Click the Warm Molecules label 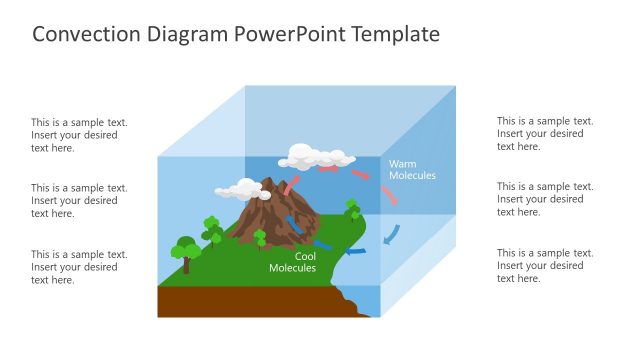point(412,169)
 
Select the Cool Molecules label point(292,262)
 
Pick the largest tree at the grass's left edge point(185,250)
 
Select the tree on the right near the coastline point(352,209)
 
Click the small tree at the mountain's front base point(260,238)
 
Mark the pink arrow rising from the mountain point(291,185)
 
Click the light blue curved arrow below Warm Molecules point(392,233)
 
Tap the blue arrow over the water point(323,243)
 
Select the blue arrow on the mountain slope point(294,222)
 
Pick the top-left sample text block point(79,135)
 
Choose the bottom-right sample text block point(545,266)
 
